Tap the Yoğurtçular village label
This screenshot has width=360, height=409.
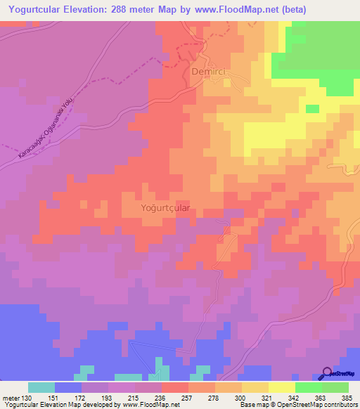167,209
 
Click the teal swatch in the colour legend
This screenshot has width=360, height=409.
41,387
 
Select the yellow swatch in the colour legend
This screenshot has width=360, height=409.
281,387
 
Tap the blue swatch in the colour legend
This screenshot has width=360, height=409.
68,387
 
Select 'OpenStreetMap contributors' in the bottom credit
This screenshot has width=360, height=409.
319,405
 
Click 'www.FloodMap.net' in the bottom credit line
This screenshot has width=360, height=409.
151,405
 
